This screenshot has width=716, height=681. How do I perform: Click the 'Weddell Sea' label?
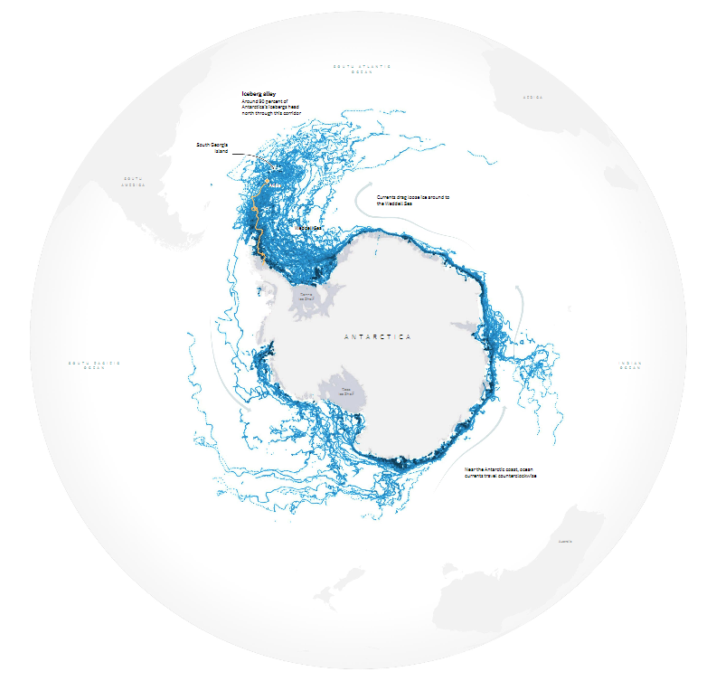tap(308, 228)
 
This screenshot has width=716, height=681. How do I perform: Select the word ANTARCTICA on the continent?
tap(377, 336)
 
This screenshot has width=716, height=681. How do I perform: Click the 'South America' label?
tap(134, 181)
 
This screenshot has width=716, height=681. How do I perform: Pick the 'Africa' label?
tap(532, 97)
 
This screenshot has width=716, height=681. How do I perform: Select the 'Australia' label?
tap(565, 542)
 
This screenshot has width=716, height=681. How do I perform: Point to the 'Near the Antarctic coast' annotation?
tap(500, 472)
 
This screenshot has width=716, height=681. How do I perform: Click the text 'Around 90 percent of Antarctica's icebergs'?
tap(270, 106)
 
